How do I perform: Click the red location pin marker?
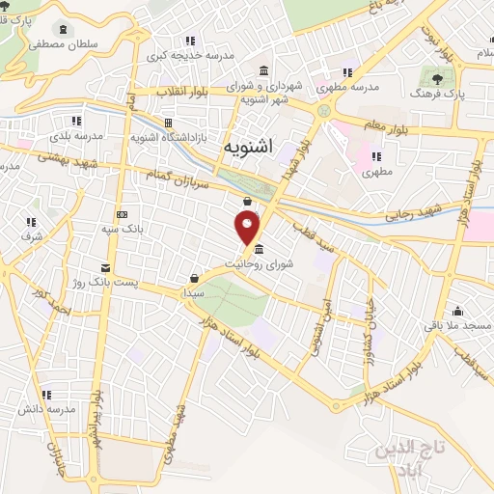[248, 228]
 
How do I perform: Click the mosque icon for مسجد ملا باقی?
[457, 312]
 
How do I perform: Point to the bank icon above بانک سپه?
[121, 214]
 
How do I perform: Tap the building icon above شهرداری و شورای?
[264, 70]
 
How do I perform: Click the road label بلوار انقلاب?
[186, 93]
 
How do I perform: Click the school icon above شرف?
[28, 221]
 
